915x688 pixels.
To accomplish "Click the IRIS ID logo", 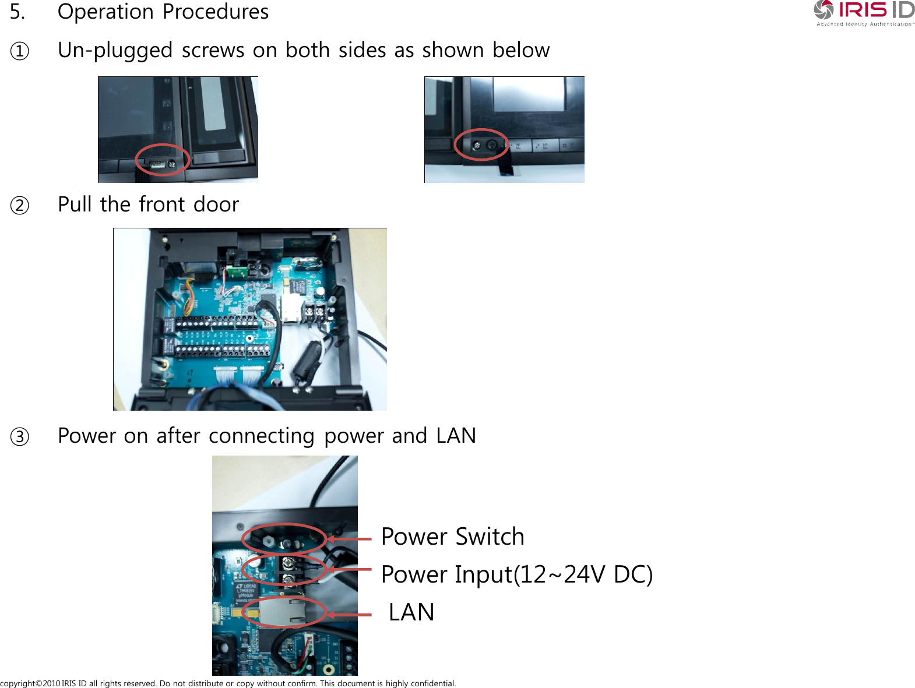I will click(x=864, y=13).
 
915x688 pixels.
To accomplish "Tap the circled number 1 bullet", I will click(x=20, y=51).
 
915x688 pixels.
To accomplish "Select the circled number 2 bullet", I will click(x=20, y=206).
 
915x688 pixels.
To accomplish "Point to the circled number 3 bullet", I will click(x=20, y=437).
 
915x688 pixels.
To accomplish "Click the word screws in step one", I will click(x=213, y=51).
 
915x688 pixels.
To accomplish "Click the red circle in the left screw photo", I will click(x=163, y=160).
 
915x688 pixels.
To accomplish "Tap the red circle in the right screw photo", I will click(x=481, y=144).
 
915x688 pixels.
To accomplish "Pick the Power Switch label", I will click(x=452, y=537).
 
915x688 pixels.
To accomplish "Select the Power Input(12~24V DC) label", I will click(x=516, y=574).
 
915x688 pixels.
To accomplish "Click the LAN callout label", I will click(x=411, y=612).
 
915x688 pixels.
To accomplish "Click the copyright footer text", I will click(x=228, y=683).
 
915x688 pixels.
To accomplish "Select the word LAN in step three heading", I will click(x=456, y=436).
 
